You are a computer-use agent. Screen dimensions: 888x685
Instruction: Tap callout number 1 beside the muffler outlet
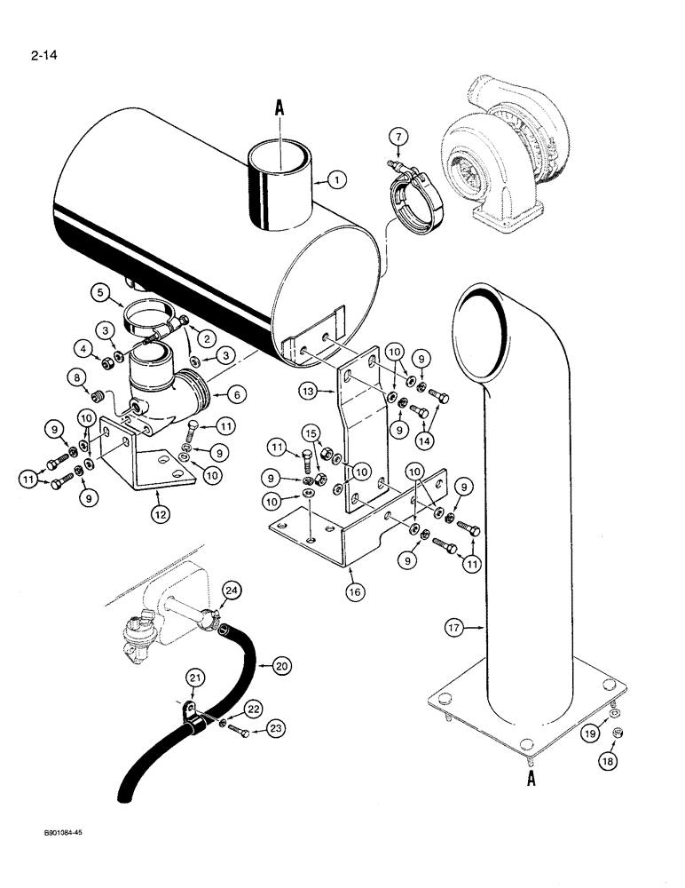click(x=335, y=180)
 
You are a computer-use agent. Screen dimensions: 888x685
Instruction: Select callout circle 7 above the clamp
click(x=399, y=136)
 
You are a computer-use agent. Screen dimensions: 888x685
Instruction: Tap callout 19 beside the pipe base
click(x=613, y=733)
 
